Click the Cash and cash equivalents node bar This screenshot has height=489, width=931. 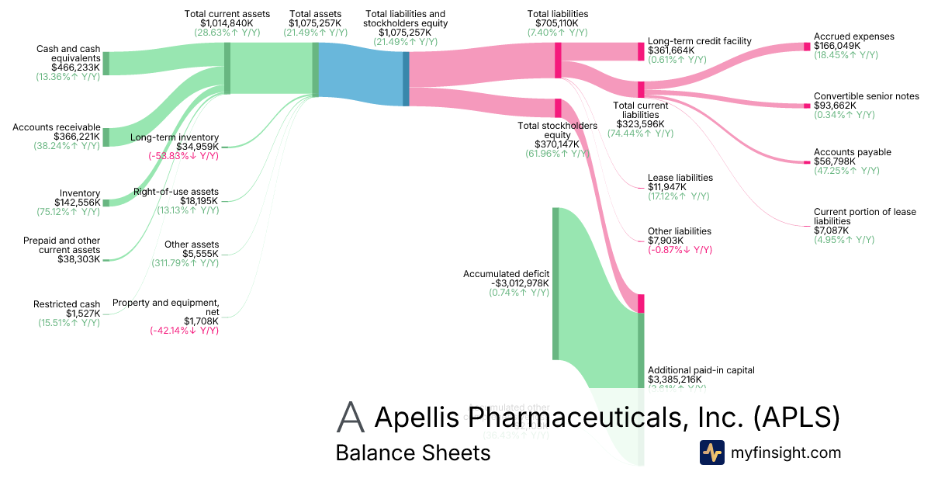106,64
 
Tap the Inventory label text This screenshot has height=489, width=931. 80,193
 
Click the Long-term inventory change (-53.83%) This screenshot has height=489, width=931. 184,156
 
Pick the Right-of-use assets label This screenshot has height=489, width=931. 175,191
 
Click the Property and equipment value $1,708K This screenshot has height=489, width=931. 201,321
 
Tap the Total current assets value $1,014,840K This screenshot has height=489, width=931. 227,23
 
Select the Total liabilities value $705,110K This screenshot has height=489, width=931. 557,23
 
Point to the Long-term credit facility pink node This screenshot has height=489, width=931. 641,51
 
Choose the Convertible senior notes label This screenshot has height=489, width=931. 866,96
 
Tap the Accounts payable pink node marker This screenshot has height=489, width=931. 806,161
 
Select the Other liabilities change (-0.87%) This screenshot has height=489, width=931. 680,250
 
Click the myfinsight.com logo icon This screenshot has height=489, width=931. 711,453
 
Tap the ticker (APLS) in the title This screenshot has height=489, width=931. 797,417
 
